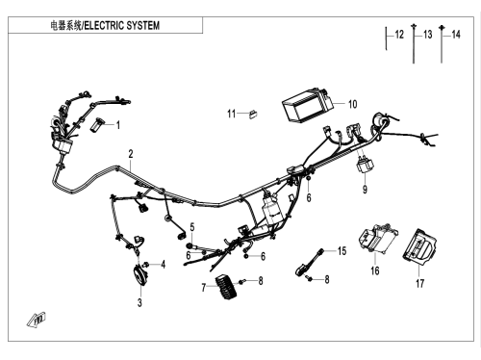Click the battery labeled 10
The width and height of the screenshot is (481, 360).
[307, 105]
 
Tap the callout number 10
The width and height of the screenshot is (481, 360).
[352, 104]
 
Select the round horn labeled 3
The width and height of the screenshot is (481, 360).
[139, 276]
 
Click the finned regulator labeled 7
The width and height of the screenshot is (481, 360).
[227, 287]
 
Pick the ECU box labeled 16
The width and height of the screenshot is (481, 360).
[378, 239]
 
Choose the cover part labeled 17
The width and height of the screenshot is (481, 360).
[419, 246]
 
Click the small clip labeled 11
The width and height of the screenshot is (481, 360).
[253, 114]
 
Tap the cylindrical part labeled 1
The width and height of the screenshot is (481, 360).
[98, 124]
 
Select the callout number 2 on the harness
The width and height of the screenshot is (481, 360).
[131, 154]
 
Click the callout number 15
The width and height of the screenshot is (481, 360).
[342, 250]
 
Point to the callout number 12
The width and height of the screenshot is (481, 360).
[399, 35]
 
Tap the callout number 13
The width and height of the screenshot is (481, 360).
[428, 35]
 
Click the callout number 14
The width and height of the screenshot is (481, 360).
[456, 35]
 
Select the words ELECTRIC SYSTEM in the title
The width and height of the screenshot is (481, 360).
[122, 25]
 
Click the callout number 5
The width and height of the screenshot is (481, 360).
[192, 227]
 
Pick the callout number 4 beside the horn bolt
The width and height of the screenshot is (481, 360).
[164, 265]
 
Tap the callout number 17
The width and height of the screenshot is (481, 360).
[420, 284]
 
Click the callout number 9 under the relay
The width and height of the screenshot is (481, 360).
[365, 190]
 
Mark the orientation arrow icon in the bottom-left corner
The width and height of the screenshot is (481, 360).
[37, 320]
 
